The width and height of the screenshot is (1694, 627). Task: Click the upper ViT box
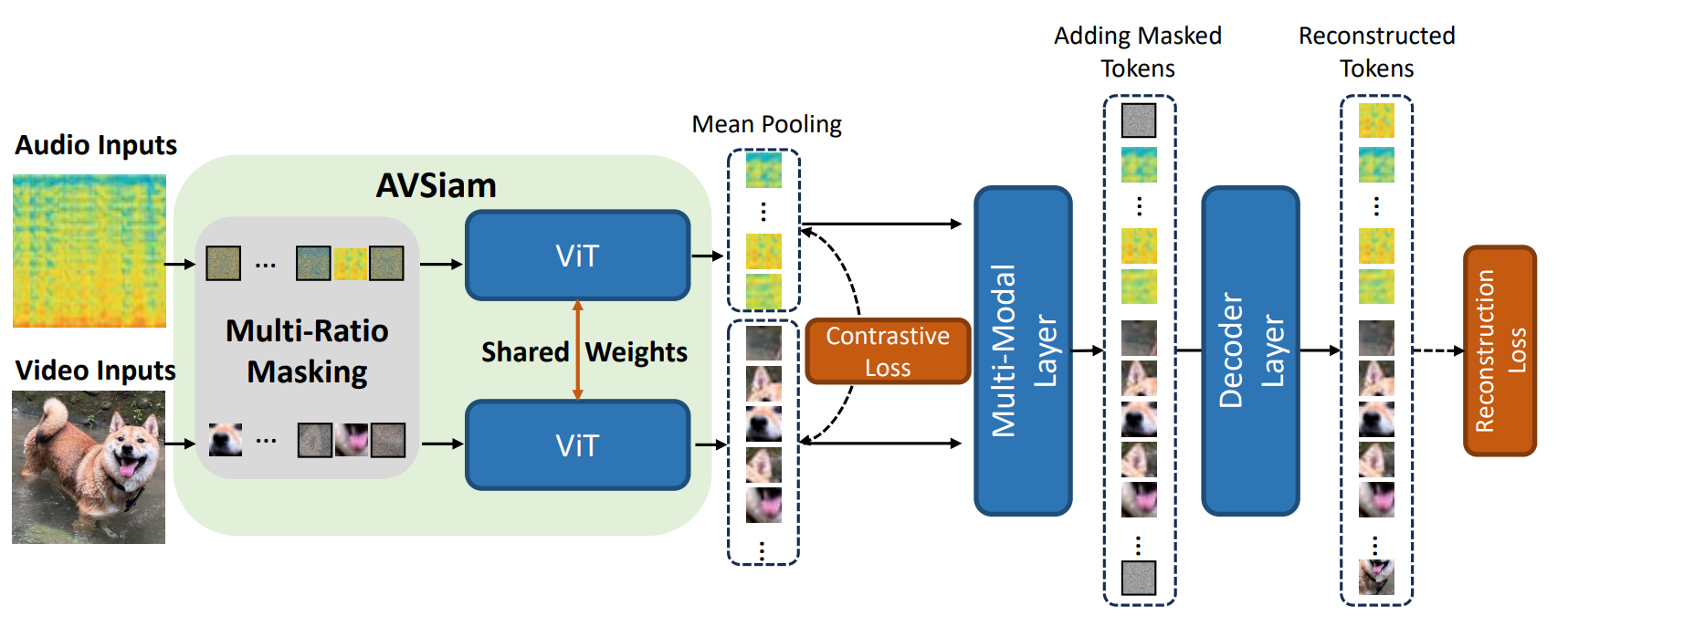coord(577,256)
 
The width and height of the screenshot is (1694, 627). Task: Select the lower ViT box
coord(577,445)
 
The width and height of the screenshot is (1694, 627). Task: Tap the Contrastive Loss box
coord(887,351)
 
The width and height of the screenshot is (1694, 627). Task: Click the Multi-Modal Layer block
coord(1023,351)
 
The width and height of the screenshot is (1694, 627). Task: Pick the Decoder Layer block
coord(1250,351)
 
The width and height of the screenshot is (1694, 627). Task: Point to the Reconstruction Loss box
coord(1499,351)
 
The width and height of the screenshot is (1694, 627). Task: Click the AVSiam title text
coord(437,186)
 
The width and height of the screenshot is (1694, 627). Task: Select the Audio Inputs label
coord(96,145)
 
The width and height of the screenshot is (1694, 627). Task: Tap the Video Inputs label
coord(96,371)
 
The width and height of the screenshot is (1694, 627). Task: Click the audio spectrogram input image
coord(89,251)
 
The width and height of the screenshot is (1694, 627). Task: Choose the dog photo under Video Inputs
coord(89,467)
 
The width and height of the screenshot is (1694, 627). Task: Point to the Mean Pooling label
coord(766,124)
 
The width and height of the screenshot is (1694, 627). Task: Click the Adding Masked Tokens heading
coord(1138,52)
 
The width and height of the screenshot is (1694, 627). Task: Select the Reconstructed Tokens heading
coord(1376,52)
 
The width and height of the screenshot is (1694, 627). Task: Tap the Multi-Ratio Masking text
coord(307,351)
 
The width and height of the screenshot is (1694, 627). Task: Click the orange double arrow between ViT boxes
coord(577,350)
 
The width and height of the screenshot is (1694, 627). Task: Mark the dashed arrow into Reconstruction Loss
coord(1437,350)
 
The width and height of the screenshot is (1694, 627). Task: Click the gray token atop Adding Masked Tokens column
coord(1139,120)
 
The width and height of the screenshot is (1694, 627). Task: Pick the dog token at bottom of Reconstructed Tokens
coord(1376,577)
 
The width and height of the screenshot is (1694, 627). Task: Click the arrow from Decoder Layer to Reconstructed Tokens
coord(1320,350)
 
